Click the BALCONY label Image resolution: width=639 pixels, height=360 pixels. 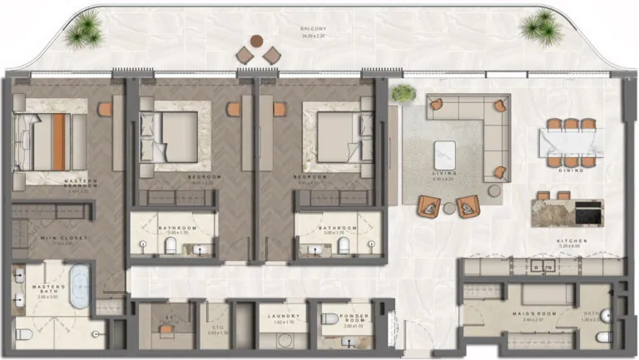pyautogui.click(x=313, y=29)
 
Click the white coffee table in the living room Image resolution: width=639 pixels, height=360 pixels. pyautogui.click(x=446, y=155)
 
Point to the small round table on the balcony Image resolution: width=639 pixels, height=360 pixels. pyautogui.click(x=257, y=41)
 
